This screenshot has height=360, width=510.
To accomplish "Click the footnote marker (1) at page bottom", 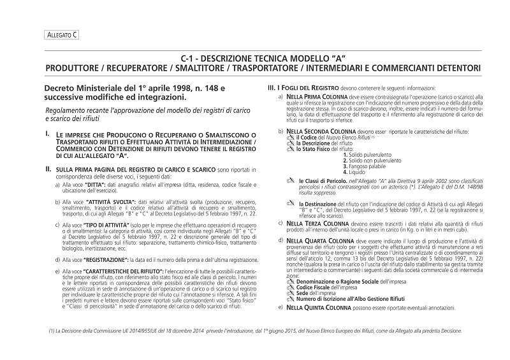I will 51,329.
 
